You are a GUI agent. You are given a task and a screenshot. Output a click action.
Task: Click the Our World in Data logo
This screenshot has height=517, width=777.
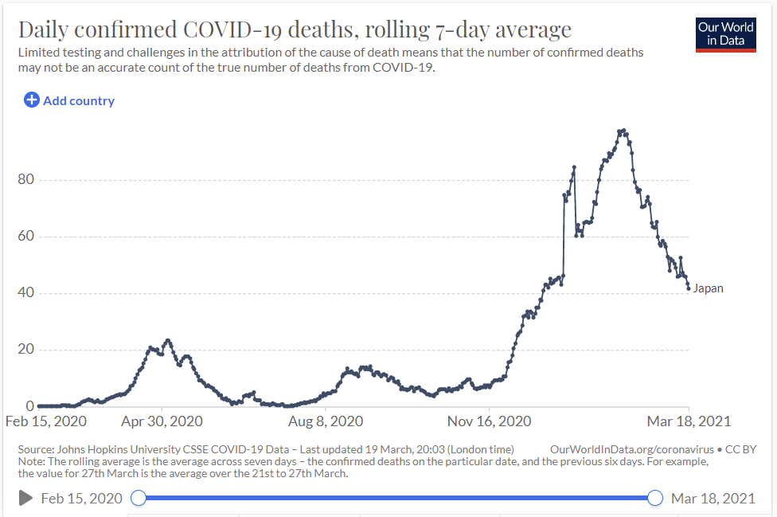(x=725, y=33)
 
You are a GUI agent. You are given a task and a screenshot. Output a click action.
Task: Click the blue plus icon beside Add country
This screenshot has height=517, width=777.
(x=31, y=100)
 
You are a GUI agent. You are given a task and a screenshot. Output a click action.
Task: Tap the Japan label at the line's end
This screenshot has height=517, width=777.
(x=709, y=288)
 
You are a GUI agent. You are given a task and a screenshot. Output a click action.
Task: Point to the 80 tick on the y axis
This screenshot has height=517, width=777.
(x=26, y=180)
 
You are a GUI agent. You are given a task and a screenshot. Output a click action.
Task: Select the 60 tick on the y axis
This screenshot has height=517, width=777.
(x=26, y=237)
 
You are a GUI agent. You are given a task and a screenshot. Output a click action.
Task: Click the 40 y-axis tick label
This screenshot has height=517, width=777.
(x=26, y=293)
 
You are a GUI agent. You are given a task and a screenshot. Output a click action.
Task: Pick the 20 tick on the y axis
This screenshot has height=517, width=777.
(x=26, y=350)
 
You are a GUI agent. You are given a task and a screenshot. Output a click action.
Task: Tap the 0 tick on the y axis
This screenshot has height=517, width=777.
(x=29, y=406)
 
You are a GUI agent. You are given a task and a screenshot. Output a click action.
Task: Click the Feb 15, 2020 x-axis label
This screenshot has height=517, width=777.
(x=46, y=421)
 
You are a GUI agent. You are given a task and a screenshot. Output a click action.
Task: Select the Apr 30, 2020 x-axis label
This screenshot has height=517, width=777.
(x=162, y=421)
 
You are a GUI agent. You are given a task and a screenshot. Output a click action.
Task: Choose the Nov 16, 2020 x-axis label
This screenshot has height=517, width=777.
(x=488, y=421)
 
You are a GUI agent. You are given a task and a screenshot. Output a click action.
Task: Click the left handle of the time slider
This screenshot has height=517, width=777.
(x=138, y=499)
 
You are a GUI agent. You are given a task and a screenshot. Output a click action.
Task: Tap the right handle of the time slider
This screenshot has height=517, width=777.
(x=655, y=499)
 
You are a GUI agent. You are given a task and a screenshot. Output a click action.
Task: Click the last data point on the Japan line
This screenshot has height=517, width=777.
(x=689, y=288)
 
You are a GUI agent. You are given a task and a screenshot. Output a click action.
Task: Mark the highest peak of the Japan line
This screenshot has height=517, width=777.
(x=621, y=131)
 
